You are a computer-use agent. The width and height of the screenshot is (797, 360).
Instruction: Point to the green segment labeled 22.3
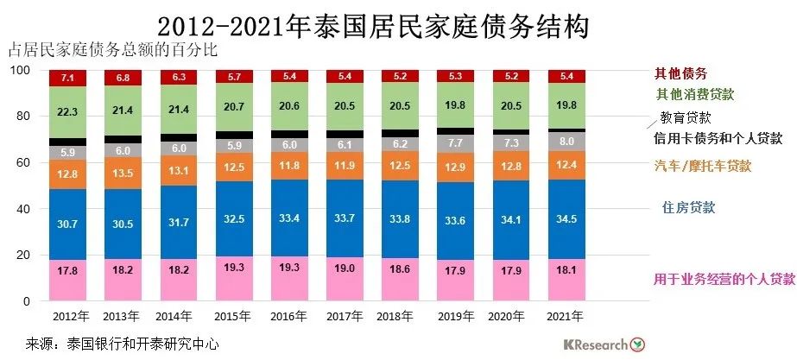(x=68, y=112)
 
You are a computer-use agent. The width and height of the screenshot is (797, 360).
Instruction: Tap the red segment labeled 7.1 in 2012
(x=68, y=79)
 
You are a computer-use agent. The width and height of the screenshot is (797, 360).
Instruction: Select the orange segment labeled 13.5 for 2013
(x=123, y=172)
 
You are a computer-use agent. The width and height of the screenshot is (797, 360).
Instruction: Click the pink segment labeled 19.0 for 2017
(x=345, y=279)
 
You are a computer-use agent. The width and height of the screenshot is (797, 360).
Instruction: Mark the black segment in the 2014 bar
(x=179, y=137)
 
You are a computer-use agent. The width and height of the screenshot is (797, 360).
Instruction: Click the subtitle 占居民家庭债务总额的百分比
(x=112, y=50)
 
